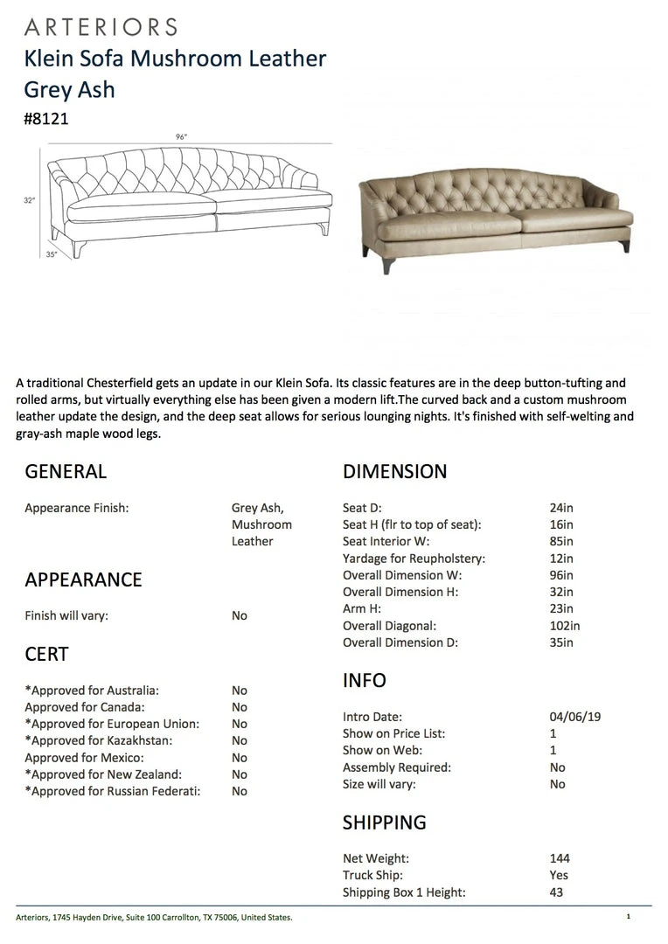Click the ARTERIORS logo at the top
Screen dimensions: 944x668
coord(101,27)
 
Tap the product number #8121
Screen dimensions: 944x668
coord(46,120)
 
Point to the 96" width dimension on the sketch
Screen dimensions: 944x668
coord(182,136)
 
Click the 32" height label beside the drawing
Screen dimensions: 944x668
coord(30,200)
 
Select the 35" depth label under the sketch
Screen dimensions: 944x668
coord(52,254)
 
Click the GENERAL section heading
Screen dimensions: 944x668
coord(66,472)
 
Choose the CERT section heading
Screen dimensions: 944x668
coord(46,654)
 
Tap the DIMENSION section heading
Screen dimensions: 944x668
coord(394,472)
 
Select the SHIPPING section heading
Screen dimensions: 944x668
coord(385,823)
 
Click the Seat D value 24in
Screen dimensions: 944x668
coord(561,508)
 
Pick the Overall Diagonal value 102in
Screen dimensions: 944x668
coord(565,626)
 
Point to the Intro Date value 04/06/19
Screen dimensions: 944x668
coord(575,717)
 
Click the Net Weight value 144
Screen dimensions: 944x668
coord(560,858)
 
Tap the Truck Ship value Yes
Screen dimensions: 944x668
coord(560,875)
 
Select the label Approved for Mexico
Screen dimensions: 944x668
coord(84,758)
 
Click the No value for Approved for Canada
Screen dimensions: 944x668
coord(240,707)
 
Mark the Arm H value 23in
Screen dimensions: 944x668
coord(561,609)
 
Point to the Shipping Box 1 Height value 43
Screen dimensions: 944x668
coord(557,892)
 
